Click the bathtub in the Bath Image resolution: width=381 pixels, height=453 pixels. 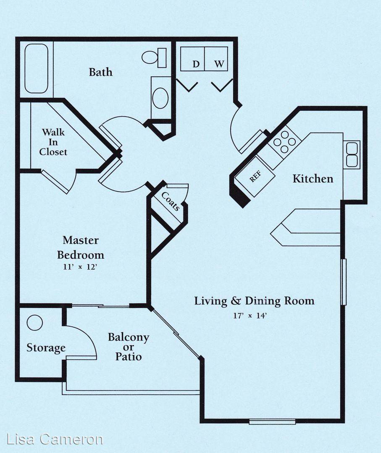point(36,68)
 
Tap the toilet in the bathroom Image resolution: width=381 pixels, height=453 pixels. point(154,57)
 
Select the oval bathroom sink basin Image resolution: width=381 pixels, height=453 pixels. point(160,98)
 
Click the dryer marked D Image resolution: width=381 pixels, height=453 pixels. point(192,59)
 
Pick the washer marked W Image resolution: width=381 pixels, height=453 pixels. point(216,59)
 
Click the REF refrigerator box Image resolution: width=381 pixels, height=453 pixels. point(255,177)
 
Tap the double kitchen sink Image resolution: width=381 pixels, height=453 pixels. point(352,155)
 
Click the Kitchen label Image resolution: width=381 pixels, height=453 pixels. point(313,179)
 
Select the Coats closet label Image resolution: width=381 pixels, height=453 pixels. point(171,201)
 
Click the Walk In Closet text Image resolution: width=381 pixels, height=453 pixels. point(53,142)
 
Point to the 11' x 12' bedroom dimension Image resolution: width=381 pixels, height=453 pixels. point(80,267)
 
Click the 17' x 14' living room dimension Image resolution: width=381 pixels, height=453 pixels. point(250,315)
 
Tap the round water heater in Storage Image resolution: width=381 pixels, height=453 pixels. point(35,323)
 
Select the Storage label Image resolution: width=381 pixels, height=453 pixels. point(46,348)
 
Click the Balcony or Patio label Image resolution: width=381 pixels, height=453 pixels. point(129,347)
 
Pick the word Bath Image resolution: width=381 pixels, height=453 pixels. point(100,72)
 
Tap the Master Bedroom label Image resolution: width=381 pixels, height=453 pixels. point(80,247)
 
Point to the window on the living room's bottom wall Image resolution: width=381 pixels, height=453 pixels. point(272,422)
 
